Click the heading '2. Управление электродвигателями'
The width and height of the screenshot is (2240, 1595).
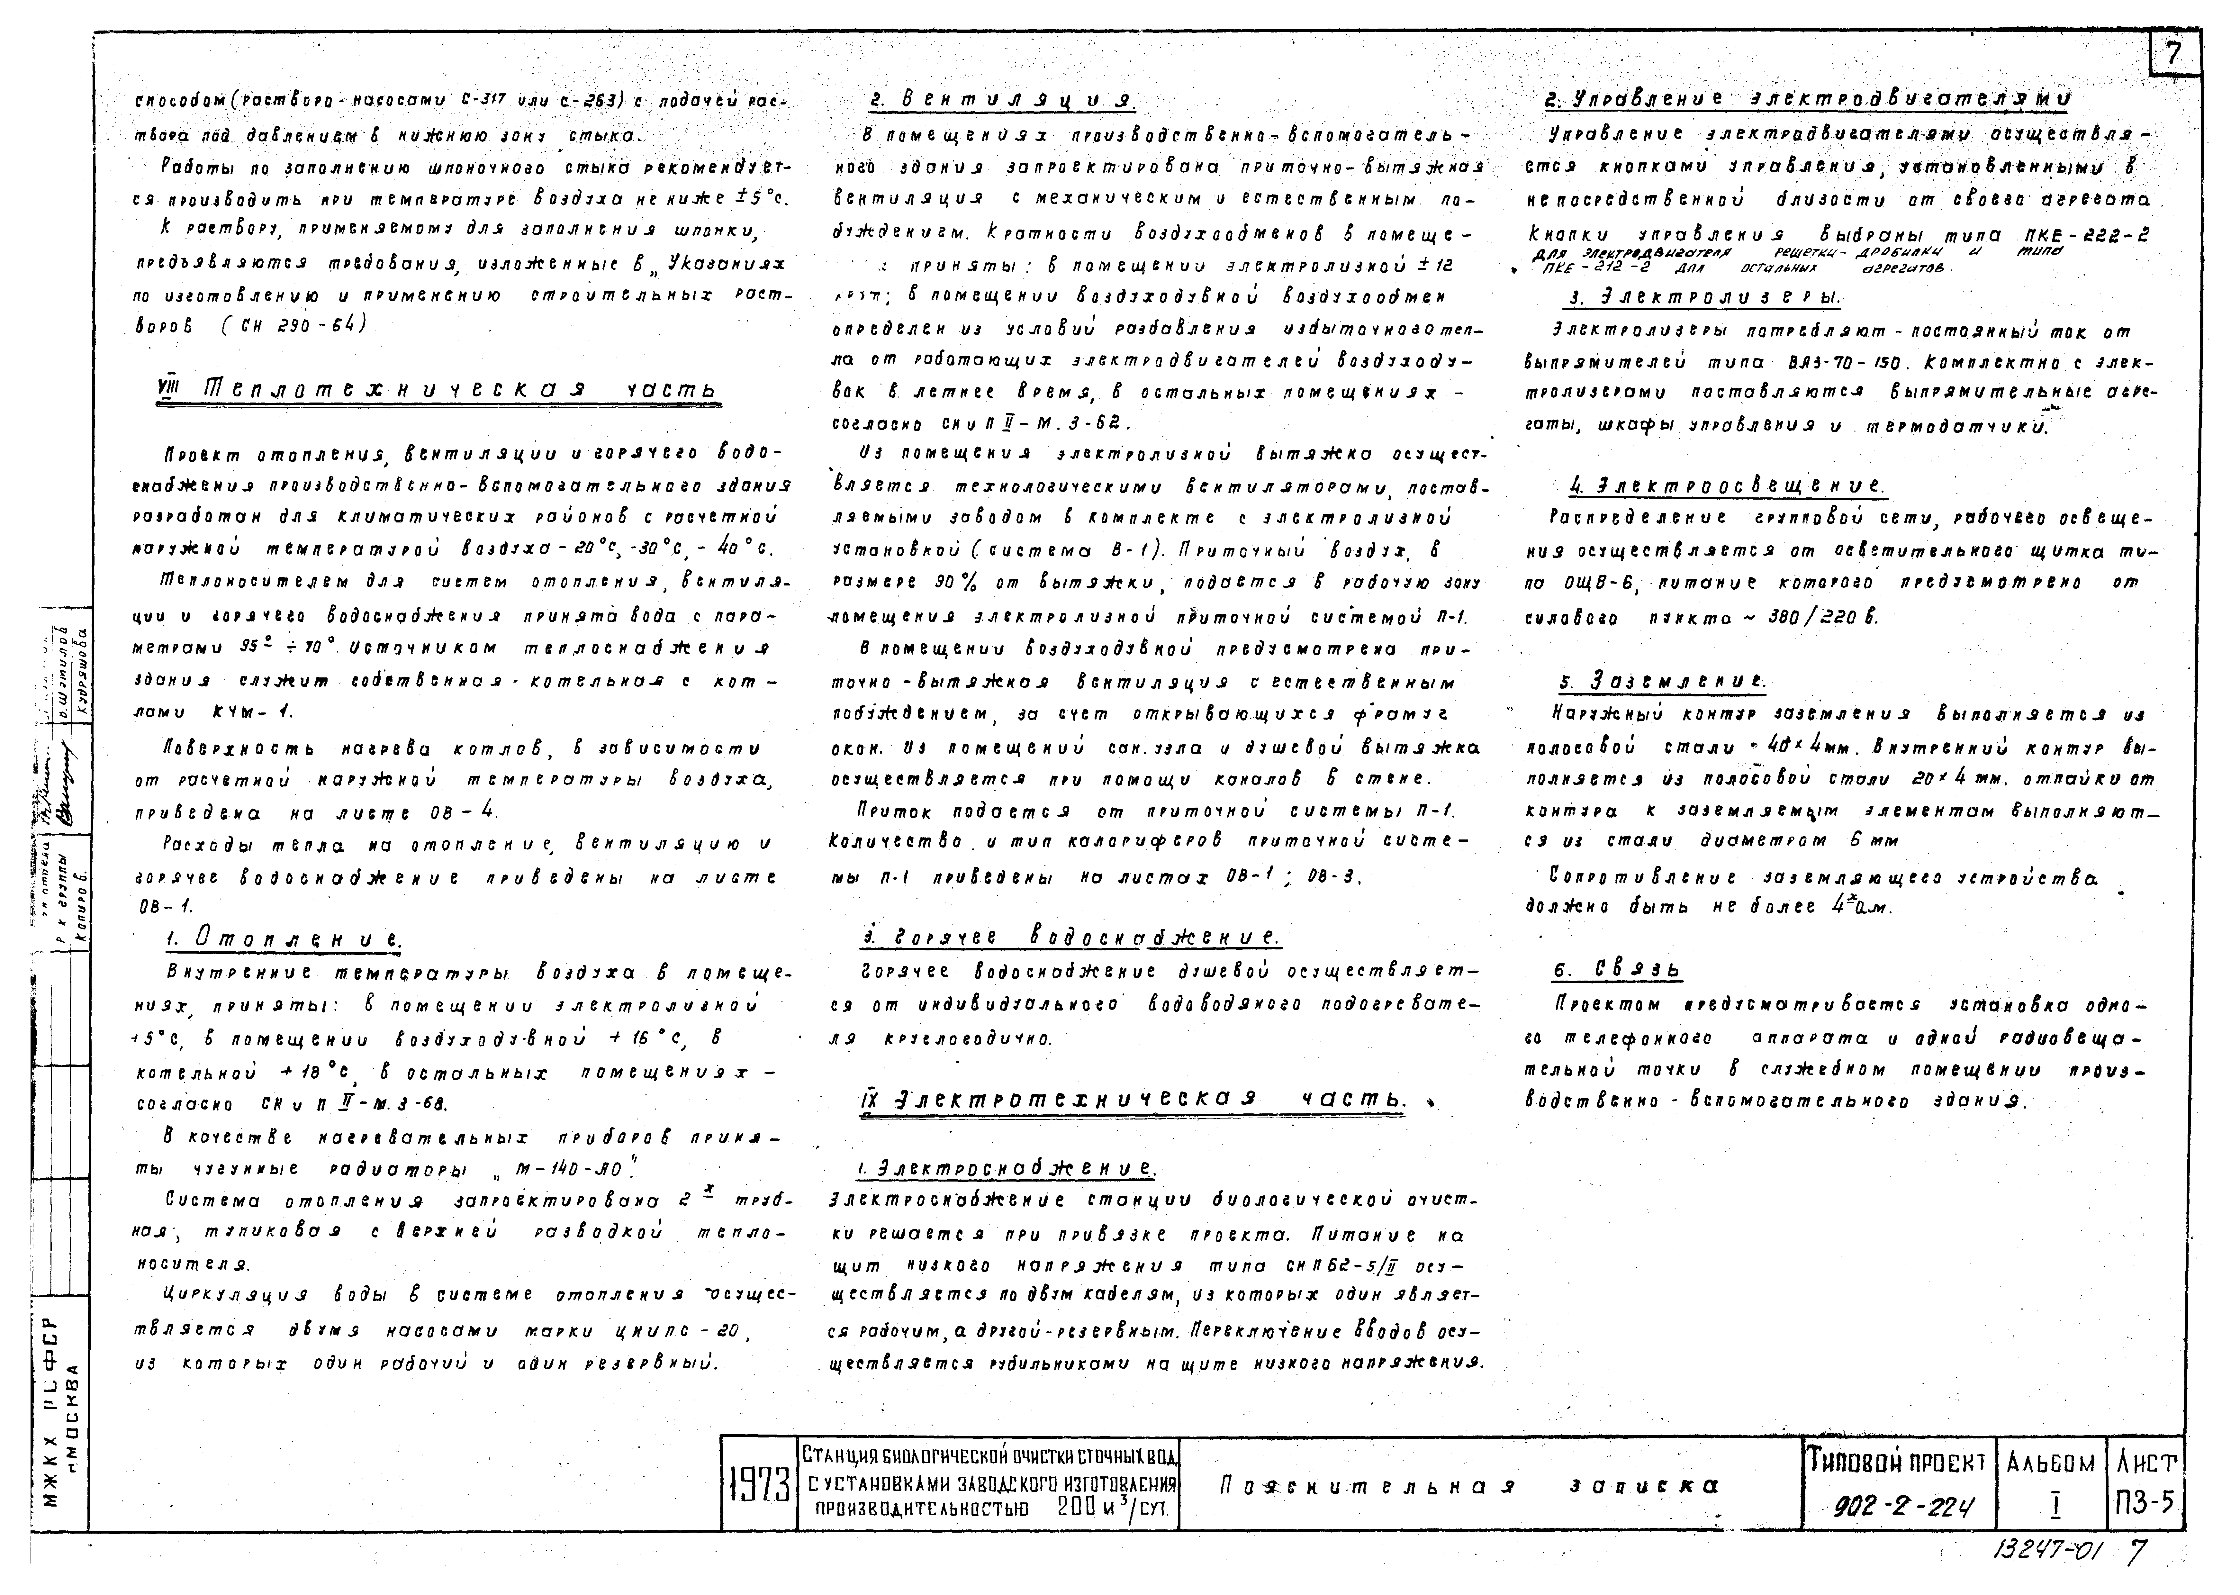point(1807,99)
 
